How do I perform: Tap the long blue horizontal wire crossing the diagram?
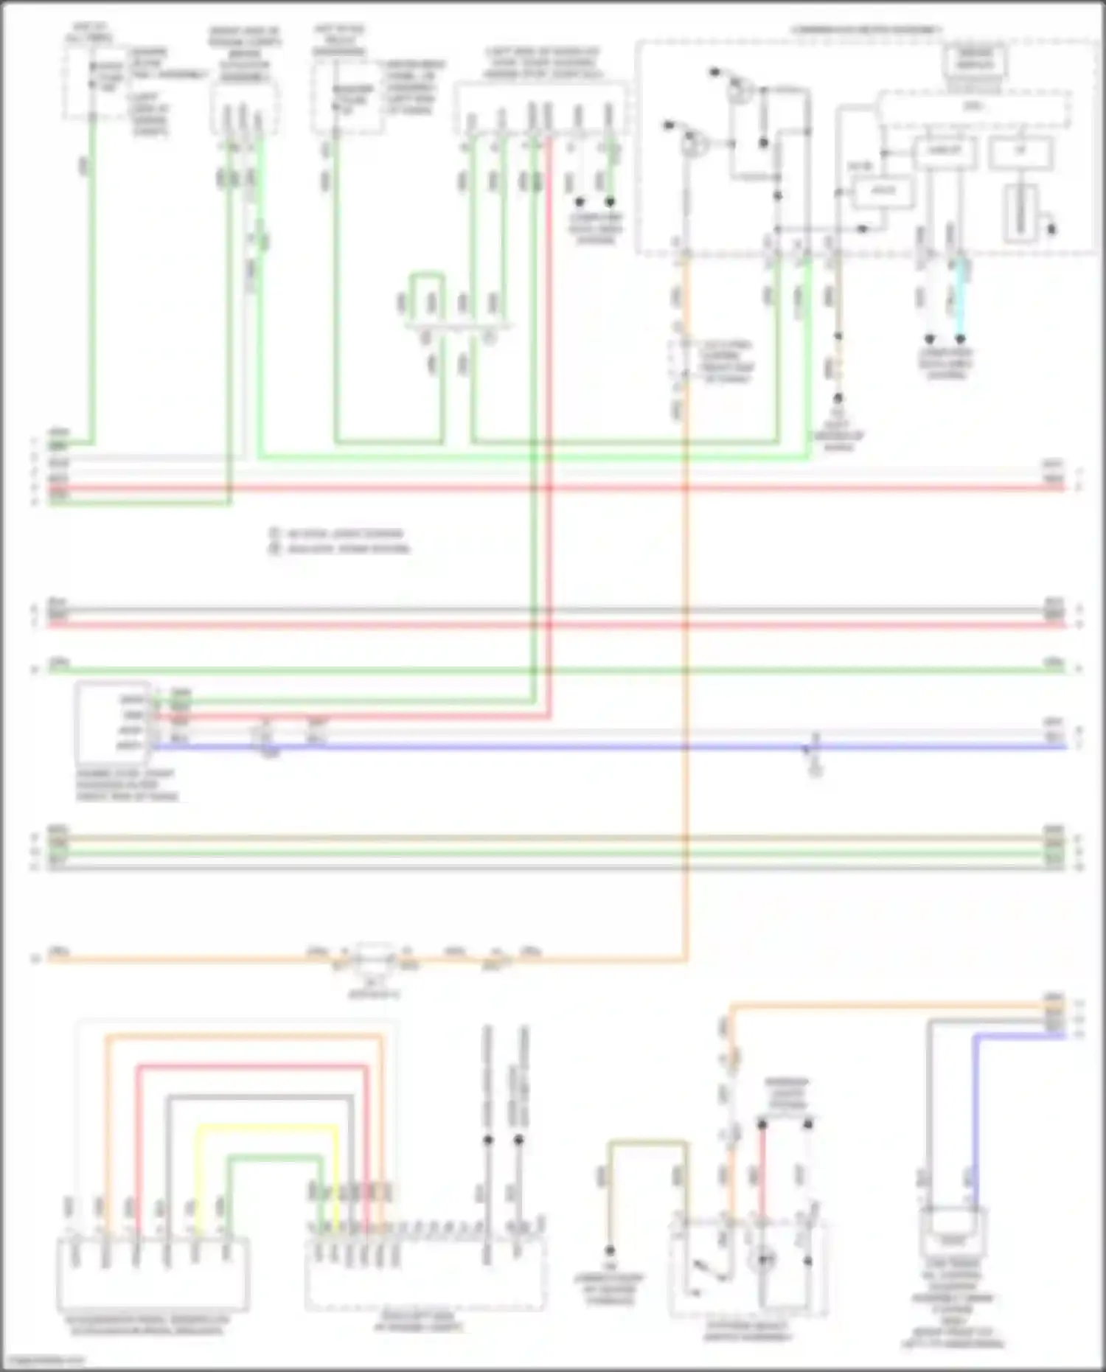point(590,747)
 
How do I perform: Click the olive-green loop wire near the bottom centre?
point(647,1143)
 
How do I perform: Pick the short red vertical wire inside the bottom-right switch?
point(762,1172)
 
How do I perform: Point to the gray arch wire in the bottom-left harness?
point(258,1098)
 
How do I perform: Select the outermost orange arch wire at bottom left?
point(243,1037)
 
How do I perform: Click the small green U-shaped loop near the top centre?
point(427,275)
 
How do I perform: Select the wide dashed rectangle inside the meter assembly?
point(973,108)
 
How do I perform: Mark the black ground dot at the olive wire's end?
point(610,1251)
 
